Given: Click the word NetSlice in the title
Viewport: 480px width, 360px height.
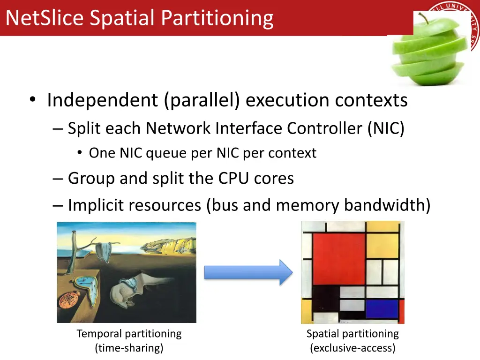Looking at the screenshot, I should pos(45,18).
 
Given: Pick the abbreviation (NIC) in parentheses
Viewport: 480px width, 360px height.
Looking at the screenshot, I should pos(386,128).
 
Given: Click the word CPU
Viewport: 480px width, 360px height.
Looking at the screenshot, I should pos(234,178).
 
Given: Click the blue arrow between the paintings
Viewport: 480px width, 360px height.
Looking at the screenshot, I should pos(248,272).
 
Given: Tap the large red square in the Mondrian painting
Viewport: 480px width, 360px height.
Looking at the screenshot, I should pos(338,258).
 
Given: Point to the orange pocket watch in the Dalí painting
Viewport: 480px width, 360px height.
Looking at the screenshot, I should pos(72,300).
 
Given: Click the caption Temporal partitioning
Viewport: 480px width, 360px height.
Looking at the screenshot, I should pos(129,334).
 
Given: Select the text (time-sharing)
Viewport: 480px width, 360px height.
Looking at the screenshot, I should pos(129,348).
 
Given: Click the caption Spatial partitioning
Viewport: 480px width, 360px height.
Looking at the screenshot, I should pos(352,334).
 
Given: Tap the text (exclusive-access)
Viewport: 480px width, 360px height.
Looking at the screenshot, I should pos(352,348).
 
